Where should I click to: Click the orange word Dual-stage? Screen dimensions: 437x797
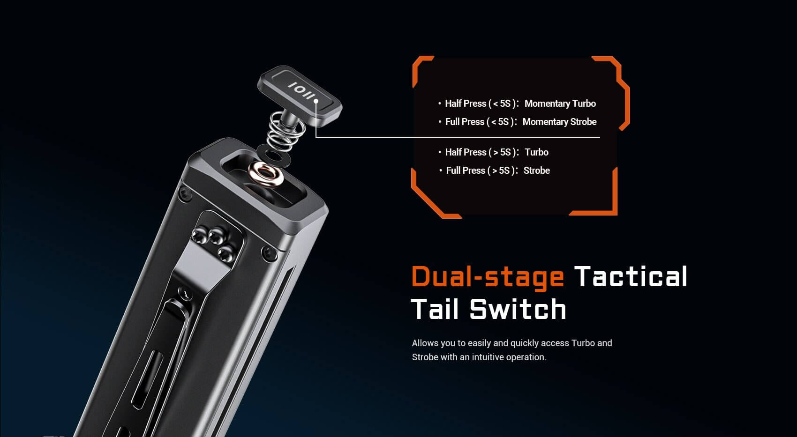[x=488, y=276]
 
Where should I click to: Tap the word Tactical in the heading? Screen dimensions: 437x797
[x=631, y=276]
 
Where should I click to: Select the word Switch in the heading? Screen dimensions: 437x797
[x=518, y=310]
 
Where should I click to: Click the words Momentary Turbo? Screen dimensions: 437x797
[x=560, y=104]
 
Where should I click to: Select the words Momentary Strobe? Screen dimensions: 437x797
[x=559, y=122]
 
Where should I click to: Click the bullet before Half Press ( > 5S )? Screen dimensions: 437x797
[x=440, y=152]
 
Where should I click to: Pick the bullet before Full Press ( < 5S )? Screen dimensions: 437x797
[x=440, y=122]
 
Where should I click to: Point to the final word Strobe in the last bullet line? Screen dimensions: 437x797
[x=536, y=170]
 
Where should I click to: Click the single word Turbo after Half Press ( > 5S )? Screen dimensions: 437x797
[x=536, y=152]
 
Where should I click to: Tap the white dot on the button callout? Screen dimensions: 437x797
[x=316, y=101]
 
